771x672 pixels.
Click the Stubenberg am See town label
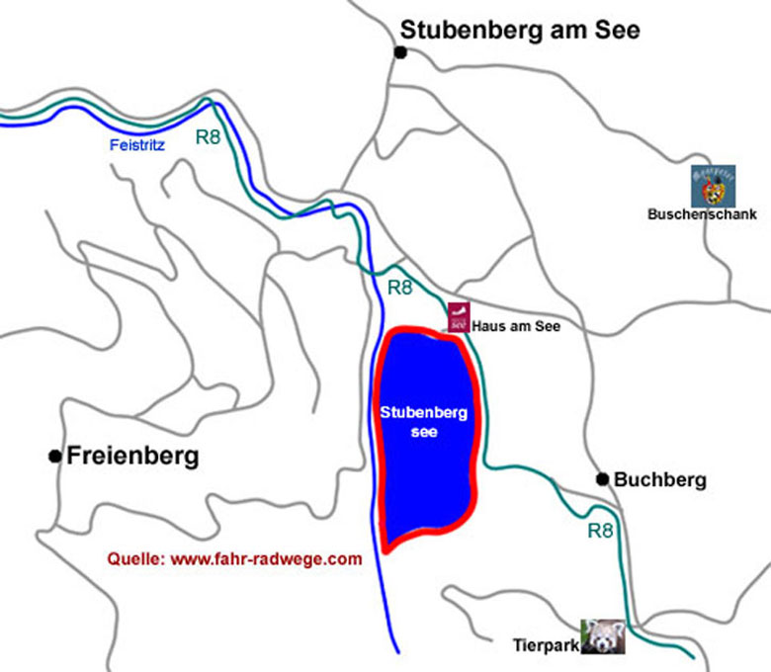coord(519,31)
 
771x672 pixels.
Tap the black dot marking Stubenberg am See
coord(401,52)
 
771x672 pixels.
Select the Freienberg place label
coord(132,456)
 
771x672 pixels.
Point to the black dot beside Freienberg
coord(54,456)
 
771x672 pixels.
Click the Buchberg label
coord(660,480)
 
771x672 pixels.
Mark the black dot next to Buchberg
coord(602,479)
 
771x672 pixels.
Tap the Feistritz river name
coord(136,144)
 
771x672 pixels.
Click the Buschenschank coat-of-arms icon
coord(713,186)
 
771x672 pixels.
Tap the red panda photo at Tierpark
coord(602,637)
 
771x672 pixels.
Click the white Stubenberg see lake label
coord(423,422)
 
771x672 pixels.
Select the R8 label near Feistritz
coord(208,137)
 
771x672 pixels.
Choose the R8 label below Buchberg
coord(601,530)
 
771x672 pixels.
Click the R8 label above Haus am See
coord(399,289)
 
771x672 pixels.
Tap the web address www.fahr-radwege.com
coord(267,558)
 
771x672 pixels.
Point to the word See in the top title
coord(617,31)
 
